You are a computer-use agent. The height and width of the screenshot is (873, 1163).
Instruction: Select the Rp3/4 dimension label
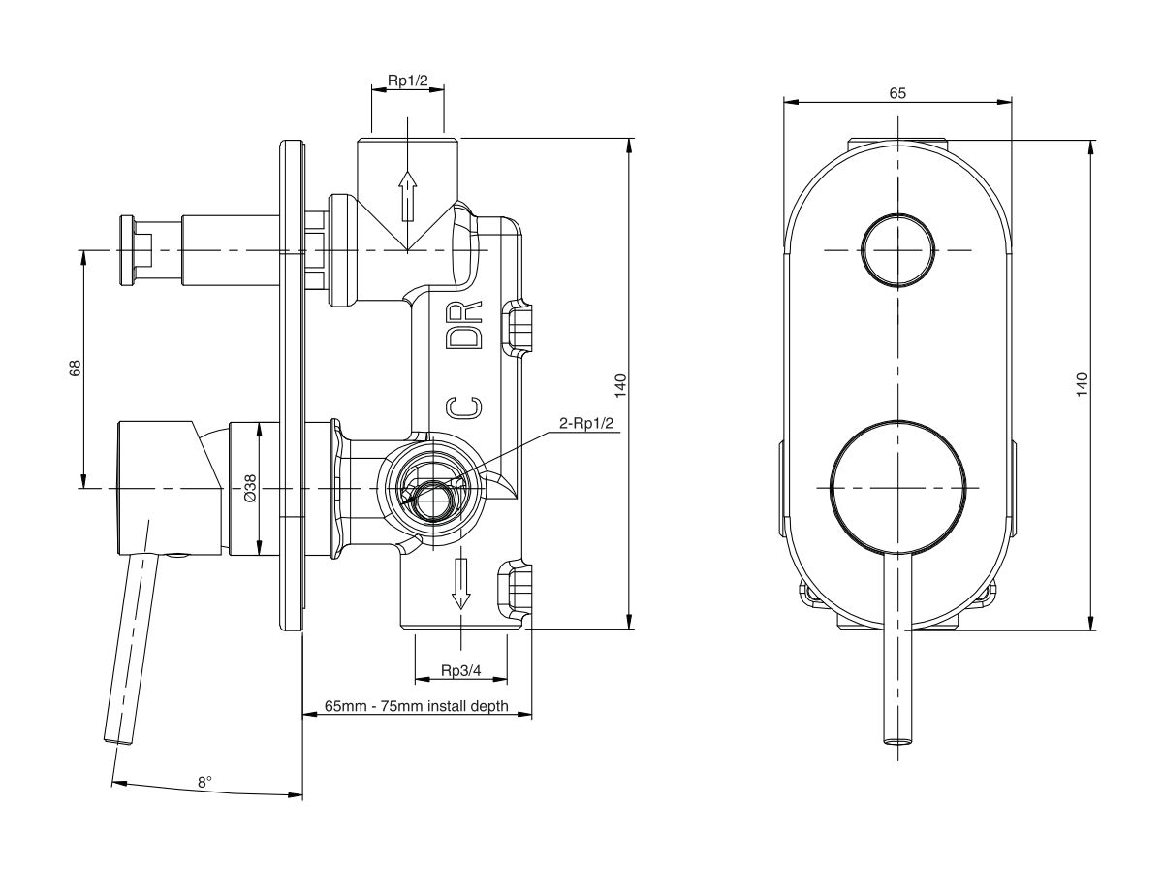pos(461,671)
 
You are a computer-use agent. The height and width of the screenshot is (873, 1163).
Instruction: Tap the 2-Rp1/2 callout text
pos(588,423)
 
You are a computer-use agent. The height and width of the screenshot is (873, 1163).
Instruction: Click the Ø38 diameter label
pos(250,488)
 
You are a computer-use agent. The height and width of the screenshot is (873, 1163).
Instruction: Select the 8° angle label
pos(204,781)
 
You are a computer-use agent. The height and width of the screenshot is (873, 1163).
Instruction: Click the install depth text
pos(417,707)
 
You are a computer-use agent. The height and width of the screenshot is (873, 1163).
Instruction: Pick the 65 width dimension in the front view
pos(897,93)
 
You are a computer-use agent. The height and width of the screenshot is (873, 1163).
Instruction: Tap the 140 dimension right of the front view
pos(1083,384)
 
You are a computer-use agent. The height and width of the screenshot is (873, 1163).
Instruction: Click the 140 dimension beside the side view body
pos(621,384)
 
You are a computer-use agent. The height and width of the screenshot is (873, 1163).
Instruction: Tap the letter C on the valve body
pos(463,406)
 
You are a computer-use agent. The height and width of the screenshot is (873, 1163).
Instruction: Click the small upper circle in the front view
pos(898,249)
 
